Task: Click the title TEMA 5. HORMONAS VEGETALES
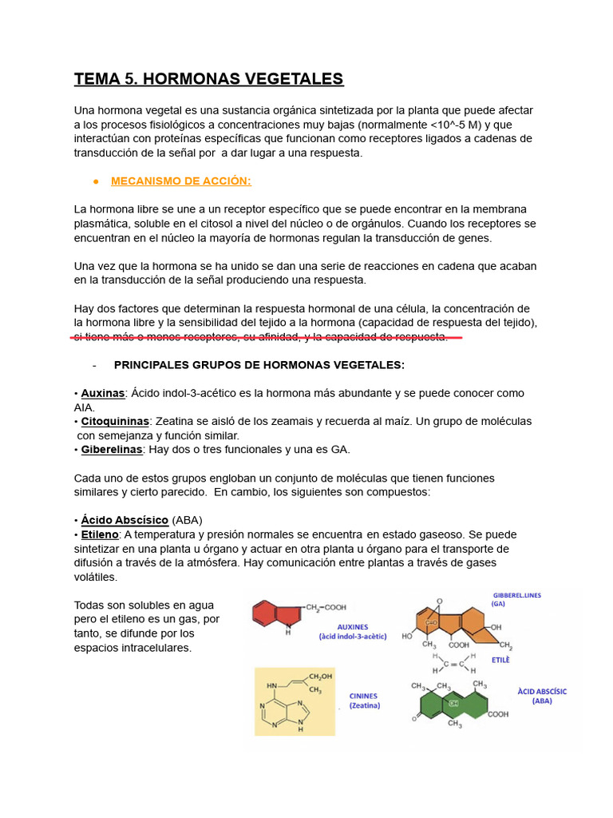(208, 79)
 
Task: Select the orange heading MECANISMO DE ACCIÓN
(180, 181)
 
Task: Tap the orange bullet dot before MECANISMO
(96, 181)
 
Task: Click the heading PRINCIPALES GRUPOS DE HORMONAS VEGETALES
(259, 365)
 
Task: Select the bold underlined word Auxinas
(103, 393)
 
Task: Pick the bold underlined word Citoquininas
(115, 421)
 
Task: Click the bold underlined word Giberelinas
(112, 450)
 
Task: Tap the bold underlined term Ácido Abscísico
(125, 520)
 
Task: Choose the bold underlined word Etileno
(100, 534)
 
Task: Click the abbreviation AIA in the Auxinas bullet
(84, 407)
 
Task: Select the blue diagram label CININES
(363, 696)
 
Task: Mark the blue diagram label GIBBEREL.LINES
(516, 595)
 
